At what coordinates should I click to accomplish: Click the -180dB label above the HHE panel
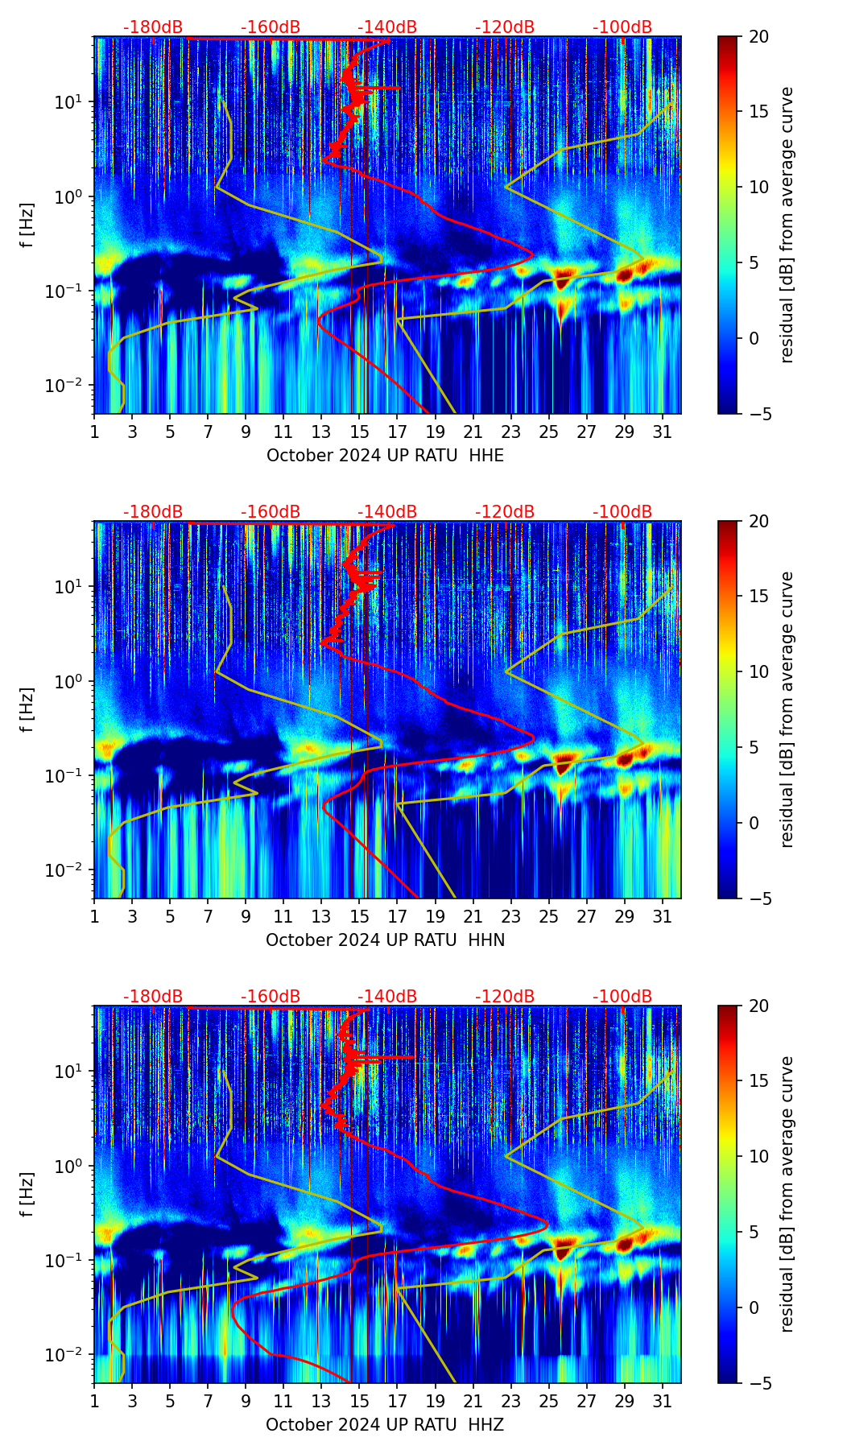pos(153,27)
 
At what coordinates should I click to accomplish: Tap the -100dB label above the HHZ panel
pos(622,997)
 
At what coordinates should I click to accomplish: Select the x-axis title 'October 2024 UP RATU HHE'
pos(385,456)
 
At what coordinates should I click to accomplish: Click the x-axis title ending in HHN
pos(385,940)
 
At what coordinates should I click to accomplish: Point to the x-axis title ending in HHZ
pos(385,1425)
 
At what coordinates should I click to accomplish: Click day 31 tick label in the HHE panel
pos(663,432)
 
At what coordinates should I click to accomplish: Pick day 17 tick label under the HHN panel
pos(397,916)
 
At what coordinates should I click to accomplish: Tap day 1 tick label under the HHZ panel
pos(94,1401)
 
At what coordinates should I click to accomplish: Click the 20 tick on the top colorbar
pos(759,36)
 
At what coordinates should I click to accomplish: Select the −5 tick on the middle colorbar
pos(759,898)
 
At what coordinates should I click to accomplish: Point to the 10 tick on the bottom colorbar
pos(759,1156)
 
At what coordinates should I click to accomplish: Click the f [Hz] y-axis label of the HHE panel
pos(28,225)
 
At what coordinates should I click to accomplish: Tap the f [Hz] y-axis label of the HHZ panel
pos(28,1195)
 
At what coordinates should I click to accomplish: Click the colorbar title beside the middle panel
pos(787,709)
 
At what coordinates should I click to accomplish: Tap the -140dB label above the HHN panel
pos(387,512)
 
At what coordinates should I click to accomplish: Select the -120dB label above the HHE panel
pos(505,27)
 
